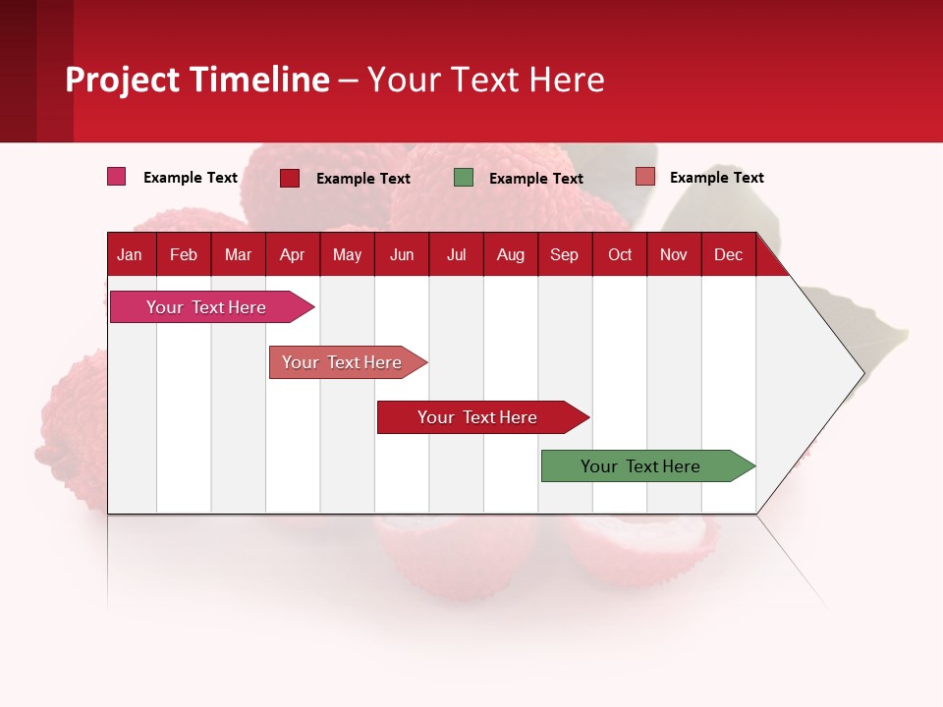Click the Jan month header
click(130, 254)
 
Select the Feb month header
click(184, 254)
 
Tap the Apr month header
click(292, 254)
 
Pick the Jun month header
click(402, 254)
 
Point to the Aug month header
click(511, 254)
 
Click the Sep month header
click(564, 254)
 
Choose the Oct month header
click(620, 254)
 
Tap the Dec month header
click(728, 254)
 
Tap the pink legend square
click(117, 177)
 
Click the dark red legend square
click(290, 178)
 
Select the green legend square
click(464, 178)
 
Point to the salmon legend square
click(644, 177)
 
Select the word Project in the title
click(123, 80)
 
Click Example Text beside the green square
click(535, 179)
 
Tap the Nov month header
click(674, 254)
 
